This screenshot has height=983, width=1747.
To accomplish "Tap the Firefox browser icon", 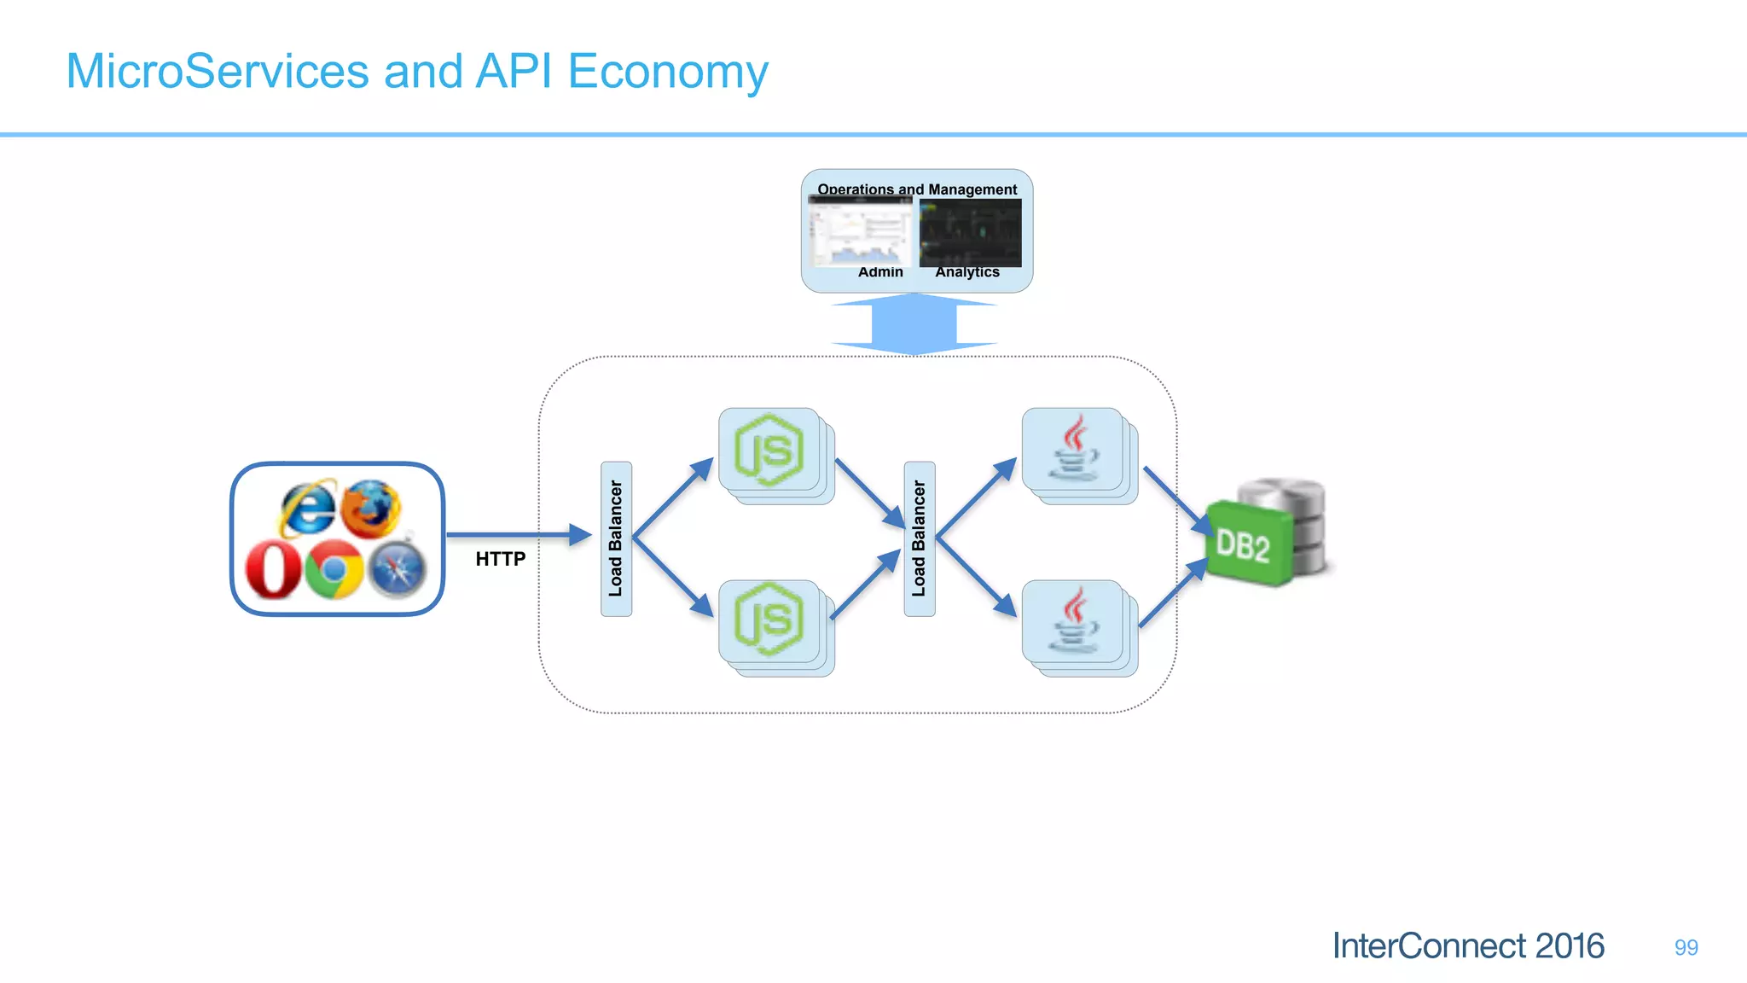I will (x=371, y=508).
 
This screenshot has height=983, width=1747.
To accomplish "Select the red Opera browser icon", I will (x=273, y=570).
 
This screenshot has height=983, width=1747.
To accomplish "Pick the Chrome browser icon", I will (x=334, y=570).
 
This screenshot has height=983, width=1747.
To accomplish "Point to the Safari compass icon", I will (x=397, y=570).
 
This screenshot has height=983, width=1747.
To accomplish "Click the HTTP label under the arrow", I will (x=501, y=559).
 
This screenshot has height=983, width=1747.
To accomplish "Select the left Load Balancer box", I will (x=616, y=538).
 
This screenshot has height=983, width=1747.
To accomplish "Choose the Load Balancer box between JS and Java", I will (x=919, y=538).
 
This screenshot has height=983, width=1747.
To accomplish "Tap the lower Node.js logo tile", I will (x=769, y=620).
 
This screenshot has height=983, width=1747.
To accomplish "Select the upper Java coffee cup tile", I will (x=1073, y=450).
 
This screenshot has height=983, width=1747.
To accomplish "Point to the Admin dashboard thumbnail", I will (x=860, y=232).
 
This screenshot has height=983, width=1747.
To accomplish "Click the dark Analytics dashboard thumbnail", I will (x=970, y=232).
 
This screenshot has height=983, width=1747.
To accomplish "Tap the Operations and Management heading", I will (x=917, y=189).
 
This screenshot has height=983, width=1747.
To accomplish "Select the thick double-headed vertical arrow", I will (x=914, y=324).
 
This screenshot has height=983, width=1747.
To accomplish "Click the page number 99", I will (x=1686, y=947).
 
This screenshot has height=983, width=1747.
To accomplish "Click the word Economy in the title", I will (x=667, y=72).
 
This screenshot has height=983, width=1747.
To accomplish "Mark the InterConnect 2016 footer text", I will (x=1468, y=946).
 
